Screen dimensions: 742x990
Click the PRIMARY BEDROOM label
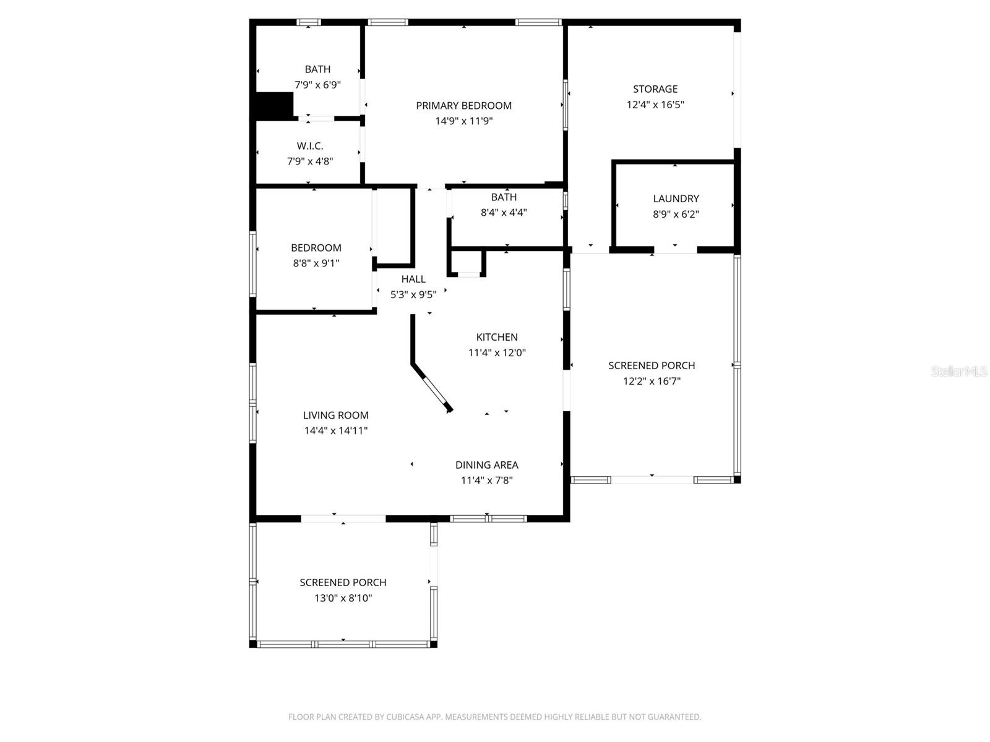pos(463,106)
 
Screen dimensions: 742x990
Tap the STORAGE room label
pos(655,89)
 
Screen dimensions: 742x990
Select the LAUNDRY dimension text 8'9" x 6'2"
pos(676,214)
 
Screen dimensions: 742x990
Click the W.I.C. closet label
pos(309,146)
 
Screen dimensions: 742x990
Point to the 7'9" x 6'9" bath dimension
pos(317,85)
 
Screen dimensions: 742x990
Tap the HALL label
pos(413,279)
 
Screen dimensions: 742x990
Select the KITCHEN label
pos(497,337)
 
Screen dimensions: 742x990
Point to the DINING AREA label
pos(486,465)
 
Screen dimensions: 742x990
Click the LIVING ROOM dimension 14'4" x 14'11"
pos(336,431)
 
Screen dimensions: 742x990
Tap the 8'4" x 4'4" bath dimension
pos(504,213)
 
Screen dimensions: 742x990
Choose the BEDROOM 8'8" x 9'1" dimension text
pos(316,263)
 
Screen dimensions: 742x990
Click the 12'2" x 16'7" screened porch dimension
pos(652,381)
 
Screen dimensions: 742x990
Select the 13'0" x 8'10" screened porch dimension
pos(343,598)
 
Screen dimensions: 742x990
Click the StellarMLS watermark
pos(958,372)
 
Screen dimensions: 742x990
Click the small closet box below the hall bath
pos(468,262)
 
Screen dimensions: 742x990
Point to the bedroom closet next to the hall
pos(394,226)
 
